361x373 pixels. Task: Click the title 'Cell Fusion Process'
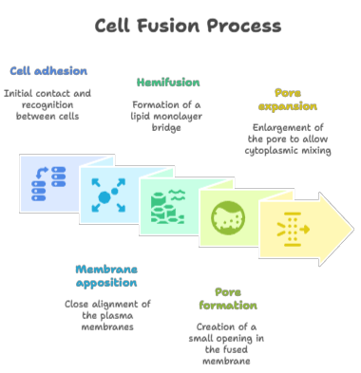[188, 26]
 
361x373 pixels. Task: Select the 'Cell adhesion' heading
[48, 71]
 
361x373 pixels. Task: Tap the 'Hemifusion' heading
[168, 83]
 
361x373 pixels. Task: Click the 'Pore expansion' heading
[288, 100]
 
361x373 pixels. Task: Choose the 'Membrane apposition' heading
[106, 276]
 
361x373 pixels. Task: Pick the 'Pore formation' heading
[228, 299]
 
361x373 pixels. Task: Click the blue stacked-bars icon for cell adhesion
[48, 183]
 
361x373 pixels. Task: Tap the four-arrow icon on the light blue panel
[108, 195]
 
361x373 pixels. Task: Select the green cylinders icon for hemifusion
[168, 206]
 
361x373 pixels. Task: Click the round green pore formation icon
[228, 218]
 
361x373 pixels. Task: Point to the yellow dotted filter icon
[293, 230]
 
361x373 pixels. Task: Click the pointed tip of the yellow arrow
[353, 229]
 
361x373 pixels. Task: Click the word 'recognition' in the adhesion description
[47, 104]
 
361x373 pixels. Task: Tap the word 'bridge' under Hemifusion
[166, 128]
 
